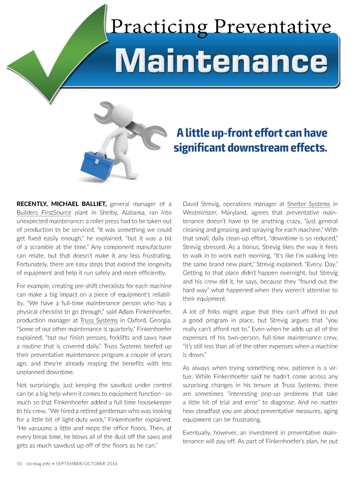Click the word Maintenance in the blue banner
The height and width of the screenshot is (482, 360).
coord(221,61)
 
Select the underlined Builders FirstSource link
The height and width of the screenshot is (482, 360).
coord(44,213)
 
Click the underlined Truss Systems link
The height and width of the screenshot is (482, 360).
coord(99,321)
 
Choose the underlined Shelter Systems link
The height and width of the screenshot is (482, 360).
coord(308,204)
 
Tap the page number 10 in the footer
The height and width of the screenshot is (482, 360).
coord(19,464)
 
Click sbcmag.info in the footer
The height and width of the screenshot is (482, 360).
coord(38,464)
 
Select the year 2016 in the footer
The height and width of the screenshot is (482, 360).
coord(112,464)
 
